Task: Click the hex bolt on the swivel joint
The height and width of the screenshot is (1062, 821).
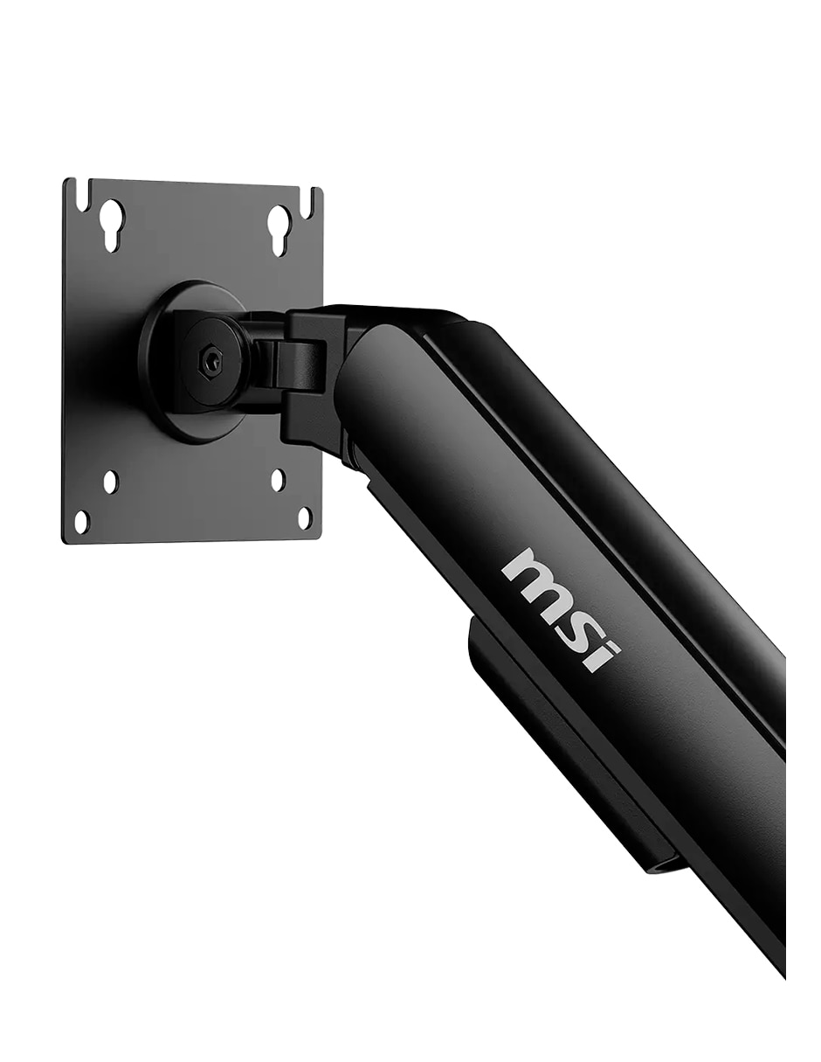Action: (x=210, y=362)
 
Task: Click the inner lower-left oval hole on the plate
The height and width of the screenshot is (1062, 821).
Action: (x=111, y=482)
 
